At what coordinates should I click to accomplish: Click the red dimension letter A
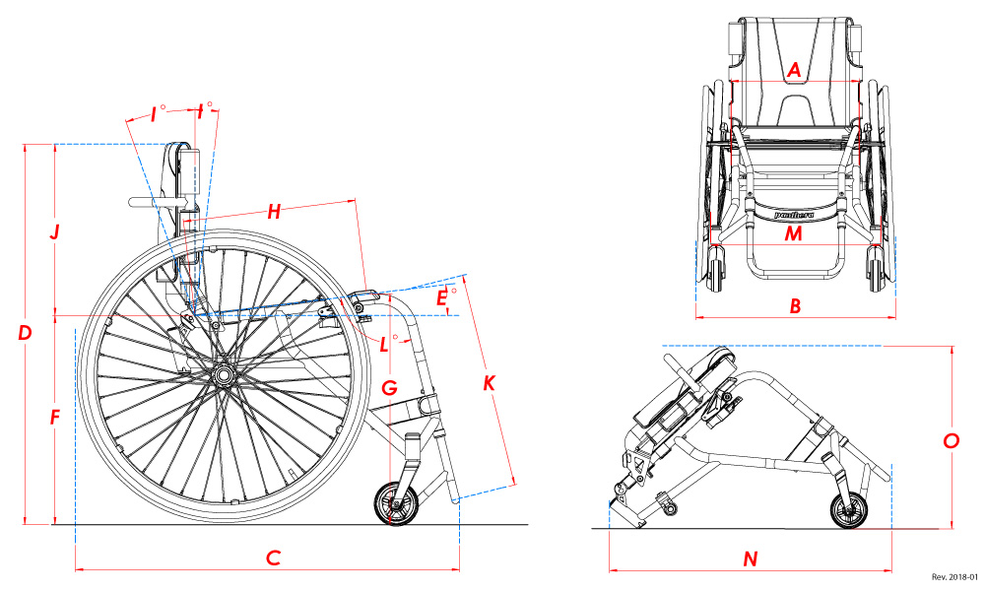click(795, 70)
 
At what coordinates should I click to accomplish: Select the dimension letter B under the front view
click(795, 306)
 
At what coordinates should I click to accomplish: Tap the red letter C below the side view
click(274, 558)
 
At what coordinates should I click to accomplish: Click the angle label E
click(442, 295)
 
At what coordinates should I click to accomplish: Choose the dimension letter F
click(55, 418)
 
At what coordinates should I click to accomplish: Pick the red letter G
click(390, 388)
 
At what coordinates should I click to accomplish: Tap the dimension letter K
click(489, 383)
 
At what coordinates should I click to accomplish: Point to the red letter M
click(794, 233)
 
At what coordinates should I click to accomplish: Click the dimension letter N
click(751, 558)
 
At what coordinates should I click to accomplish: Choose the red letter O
click(951, 441)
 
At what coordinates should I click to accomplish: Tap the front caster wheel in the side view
click(397, 503)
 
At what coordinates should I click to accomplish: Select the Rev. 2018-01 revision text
click(952, 578)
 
